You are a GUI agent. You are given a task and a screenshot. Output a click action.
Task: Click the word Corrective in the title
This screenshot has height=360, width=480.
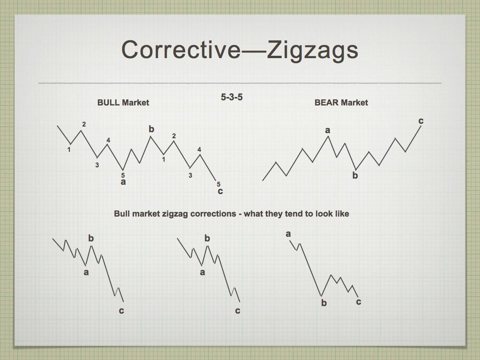(181, 50)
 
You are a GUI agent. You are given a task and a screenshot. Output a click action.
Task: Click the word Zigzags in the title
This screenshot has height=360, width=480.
(312, 51)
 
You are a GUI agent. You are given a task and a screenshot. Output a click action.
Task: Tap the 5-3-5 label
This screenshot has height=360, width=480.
(232, 97)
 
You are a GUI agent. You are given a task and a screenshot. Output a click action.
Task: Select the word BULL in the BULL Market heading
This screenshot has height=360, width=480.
(108, 103)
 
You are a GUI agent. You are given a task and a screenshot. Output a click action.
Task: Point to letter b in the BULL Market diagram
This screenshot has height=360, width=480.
(151, 129)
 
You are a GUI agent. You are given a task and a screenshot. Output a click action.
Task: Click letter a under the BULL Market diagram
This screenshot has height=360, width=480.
(123, 182)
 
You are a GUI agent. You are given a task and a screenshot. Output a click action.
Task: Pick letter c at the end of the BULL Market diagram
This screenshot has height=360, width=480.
(220, 191)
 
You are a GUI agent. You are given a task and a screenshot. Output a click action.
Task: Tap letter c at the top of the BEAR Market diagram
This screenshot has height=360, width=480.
(421, 121)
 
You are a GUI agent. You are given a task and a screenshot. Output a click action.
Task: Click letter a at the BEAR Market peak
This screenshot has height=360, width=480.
(328, 130)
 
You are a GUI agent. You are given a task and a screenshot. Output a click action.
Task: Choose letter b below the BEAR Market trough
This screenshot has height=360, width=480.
(355, 175)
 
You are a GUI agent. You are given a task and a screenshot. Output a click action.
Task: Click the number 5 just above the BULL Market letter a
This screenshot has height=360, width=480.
(123, 175)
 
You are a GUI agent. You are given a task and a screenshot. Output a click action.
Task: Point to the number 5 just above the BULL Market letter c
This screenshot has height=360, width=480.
(218, 184)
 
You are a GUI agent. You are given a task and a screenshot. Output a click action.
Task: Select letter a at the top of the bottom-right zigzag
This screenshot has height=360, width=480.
(288, 234)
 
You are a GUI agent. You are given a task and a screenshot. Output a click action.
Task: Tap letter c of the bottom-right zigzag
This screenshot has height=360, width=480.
(359, 302)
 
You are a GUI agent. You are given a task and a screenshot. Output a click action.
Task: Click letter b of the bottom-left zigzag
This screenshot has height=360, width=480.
(91, 238)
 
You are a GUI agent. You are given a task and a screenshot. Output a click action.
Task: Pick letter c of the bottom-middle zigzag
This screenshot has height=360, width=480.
(238, 311)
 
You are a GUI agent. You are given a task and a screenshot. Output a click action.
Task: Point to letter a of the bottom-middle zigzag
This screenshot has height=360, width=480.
(202, 272)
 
